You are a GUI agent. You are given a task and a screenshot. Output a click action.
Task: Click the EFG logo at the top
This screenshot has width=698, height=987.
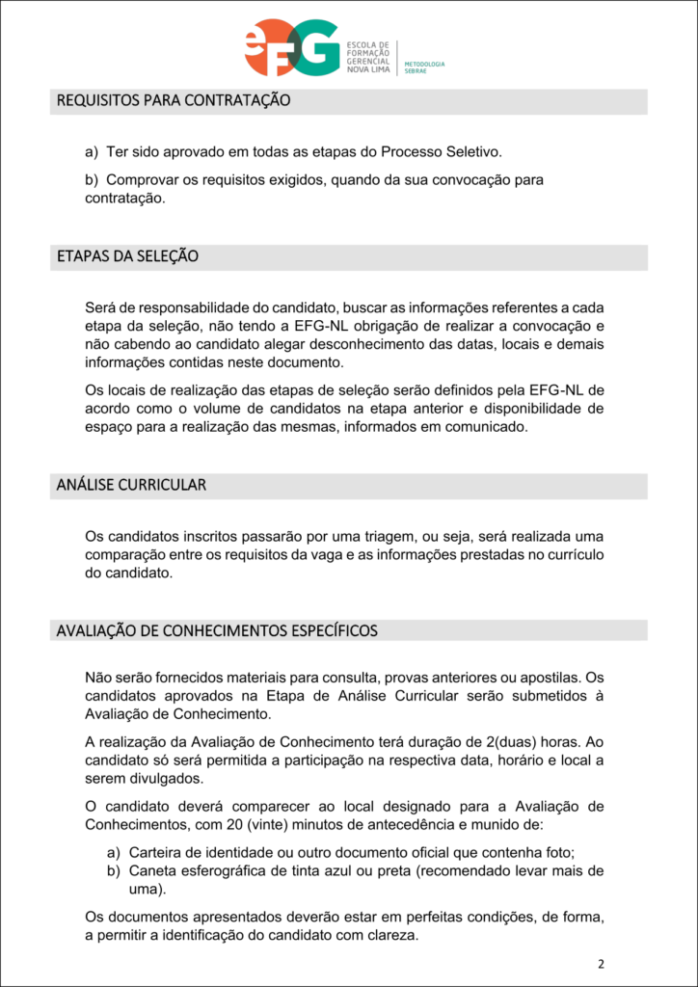coord(291,48)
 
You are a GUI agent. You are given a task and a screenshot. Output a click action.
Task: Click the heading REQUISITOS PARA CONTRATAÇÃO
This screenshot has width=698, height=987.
coord(174,100)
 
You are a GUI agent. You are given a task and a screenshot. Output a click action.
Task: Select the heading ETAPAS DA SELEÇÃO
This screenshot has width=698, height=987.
coord(127,256)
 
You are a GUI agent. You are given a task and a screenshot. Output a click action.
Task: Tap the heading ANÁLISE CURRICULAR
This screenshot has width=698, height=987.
coord(131,485)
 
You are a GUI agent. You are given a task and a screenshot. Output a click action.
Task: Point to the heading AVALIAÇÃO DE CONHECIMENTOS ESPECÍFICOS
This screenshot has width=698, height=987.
coord(217,630)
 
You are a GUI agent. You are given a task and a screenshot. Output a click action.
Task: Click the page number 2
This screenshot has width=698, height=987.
coord(601,963)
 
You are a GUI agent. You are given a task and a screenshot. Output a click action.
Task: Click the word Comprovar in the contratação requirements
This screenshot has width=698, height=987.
coord(141,180)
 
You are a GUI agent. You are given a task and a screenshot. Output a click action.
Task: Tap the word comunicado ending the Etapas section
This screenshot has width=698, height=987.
coord(483,428)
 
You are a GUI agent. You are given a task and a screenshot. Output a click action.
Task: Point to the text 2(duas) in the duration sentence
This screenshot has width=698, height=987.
coord(500,742)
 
